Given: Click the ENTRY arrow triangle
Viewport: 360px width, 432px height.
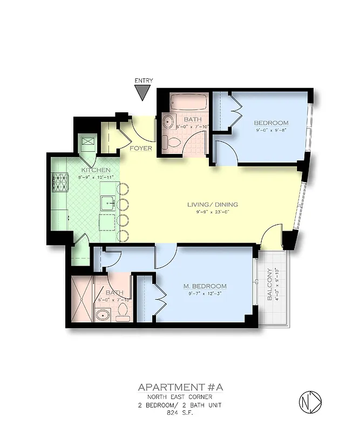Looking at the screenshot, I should (x=142, y=92).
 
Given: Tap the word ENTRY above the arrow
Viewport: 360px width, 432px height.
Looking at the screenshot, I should (x=143, y=81).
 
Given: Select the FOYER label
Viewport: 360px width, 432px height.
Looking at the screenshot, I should (x=141, y=148).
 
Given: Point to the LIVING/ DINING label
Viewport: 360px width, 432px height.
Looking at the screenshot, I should (x=213, y=205).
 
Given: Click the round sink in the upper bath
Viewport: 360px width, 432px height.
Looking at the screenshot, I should (x=168, y=121).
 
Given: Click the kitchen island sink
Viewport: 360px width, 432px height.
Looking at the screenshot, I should (x=106, y=204).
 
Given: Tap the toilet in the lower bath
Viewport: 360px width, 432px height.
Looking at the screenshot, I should (x=123, y=312).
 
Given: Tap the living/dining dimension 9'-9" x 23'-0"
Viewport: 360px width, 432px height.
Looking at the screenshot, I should (x=212, y=212).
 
